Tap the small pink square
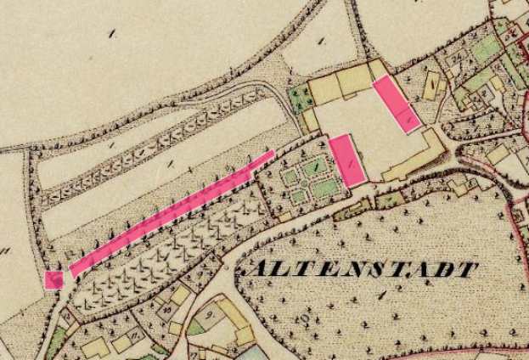(53, 280)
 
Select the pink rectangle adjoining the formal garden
(347, 160)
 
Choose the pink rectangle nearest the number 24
(396, 104)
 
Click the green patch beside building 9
(197, 325)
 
